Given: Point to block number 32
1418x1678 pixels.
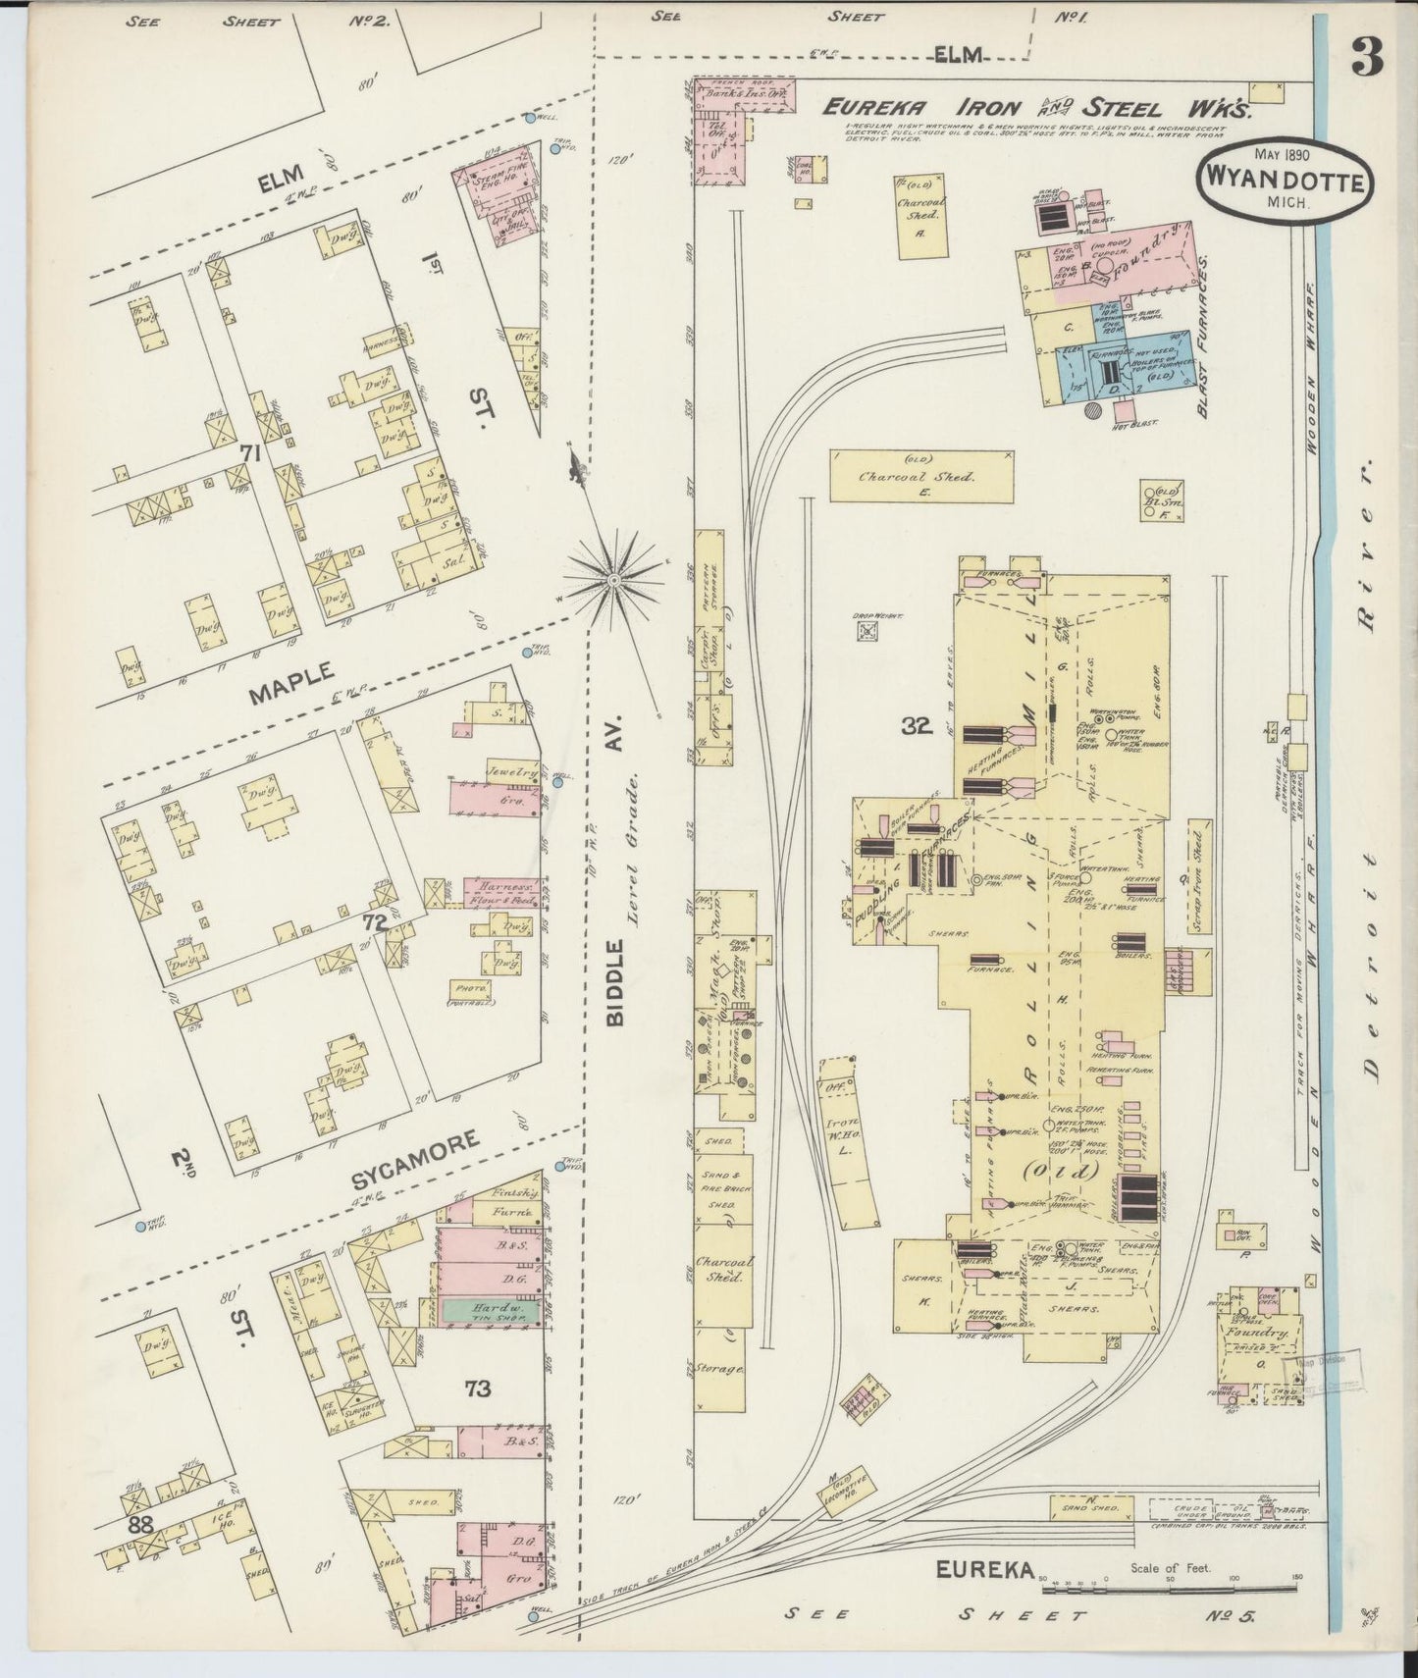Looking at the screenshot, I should click(x=918, y=726).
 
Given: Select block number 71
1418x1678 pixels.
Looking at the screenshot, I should click(x=251, y=453).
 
